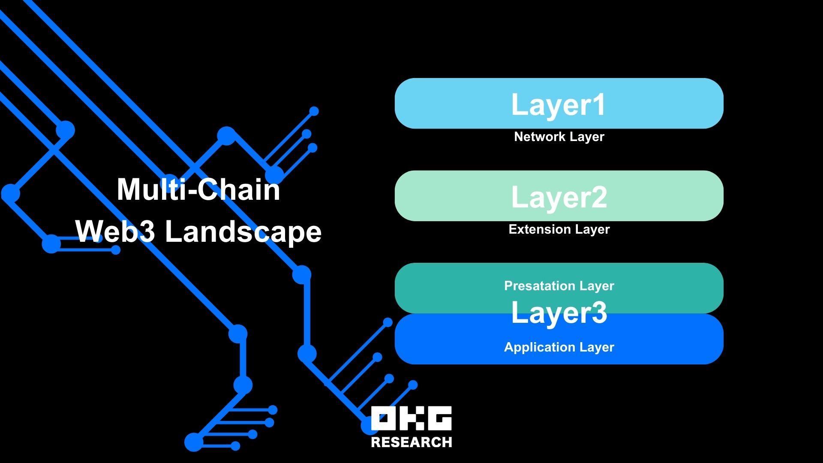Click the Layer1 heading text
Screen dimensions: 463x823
(x=559, y=104)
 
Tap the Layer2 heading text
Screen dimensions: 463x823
(x=559, y=197)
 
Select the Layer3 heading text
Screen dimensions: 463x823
(x=559, y=312)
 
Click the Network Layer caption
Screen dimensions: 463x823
(x=559, y=137)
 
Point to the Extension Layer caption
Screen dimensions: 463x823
(x=559, y=229)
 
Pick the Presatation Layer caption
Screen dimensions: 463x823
(x=559, y=286)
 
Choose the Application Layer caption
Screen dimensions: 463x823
(x=559, y=347)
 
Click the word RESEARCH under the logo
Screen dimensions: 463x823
(x=411, y=442)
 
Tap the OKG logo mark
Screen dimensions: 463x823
(x=411, y=418)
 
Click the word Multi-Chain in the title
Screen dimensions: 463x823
(x=198, y=189)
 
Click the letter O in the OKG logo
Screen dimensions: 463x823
(x=384, y=418)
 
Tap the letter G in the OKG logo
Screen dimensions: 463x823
(x=439, y=418)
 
